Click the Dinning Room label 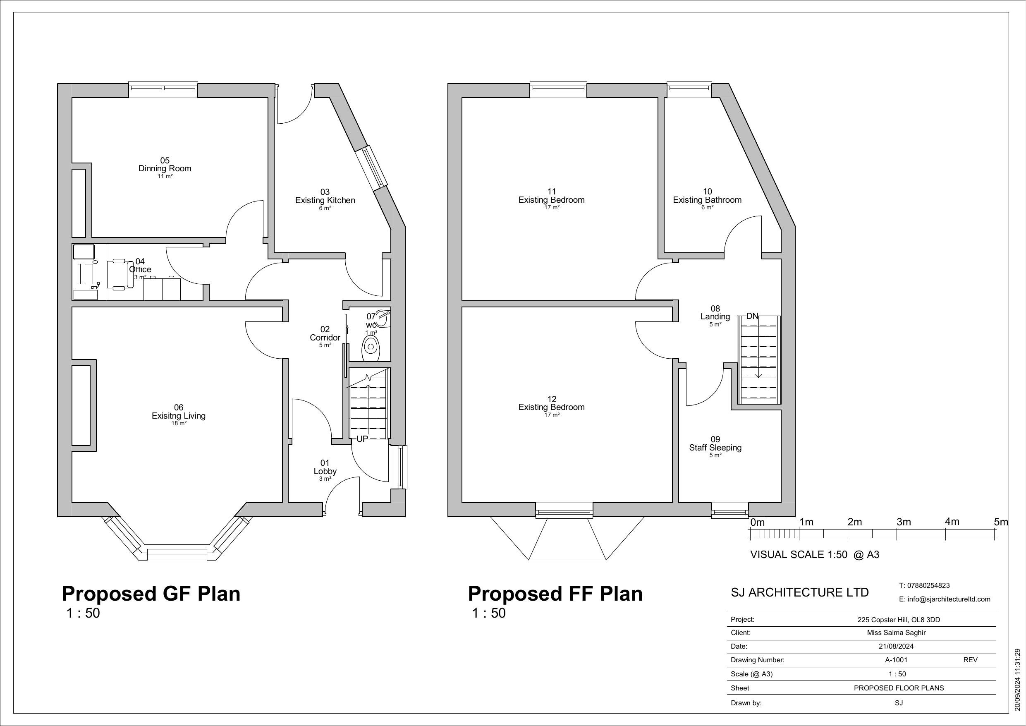click(x=165, y=168)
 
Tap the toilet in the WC click(x=371, y=347)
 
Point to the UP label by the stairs click(x=362, y=439)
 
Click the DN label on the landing click(x=752, y=316)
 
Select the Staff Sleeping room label click(x=715, y=448)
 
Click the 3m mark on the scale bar click(x=903, y=522)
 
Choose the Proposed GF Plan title click(x=151, y=594)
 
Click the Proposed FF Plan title click(x=555, y=594)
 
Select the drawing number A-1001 click(x=896, y=660)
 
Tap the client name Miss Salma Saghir click(x=896, y=633)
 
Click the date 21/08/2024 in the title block click(x=896, y=646)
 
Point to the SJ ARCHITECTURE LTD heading click(x=799, y=592)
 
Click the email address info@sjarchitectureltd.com click(x=944, y=599)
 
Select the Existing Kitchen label click(x=325, y=200)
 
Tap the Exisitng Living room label click(x=178, y=416)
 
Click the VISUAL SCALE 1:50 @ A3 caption click(x=814, y=555)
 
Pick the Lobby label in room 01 click(x=325, y=471)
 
